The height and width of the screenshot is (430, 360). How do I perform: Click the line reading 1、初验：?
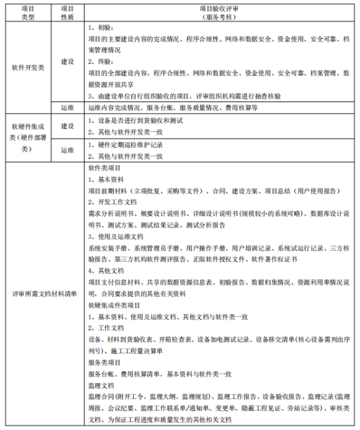coord(101,29)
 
